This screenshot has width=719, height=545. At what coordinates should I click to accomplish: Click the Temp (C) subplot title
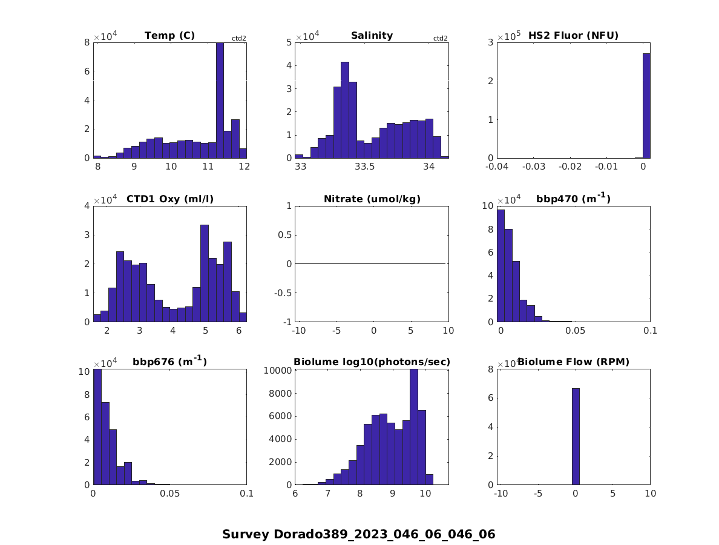pyautogui.click(x=169, y=36)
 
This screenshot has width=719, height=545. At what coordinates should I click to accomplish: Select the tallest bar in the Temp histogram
pyautogui.click(x=220, y=100)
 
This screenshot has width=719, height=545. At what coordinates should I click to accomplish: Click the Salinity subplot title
pyautogui.click(x=372, y=36)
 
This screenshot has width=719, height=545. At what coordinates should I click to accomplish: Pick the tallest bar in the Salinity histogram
pyautogui.click(x=344, y=110)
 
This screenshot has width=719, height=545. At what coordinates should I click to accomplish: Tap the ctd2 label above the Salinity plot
pyautogui.click(x=441, y=39)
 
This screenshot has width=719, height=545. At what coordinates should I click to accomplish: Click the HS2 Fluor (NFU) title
pyautogui.click(x=573, y=36)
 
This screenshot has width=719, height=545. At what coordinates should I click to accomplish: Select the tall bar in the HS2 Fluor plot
pyautogui.click(x=646, y=105)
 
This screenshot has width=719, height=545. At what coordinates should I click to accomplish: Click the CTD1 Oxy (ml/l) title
pyautogui.click(x=169, y=199)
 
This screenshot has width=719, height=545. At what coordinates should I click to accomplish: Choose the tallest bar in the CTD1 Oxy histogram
pyautogui.click(x=205, y=273)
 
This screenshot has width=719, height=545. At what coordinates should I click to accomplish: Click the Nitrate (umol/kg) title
pyautogui.click(x=372, y=199)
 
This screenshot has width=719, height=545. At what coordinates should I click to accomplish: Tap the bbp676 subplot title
pyautogui.click(x=169, y=362)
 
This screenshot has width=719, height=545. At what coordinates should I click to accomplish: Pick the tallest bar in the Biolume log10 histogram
pyautogui.click(x=414, y=427)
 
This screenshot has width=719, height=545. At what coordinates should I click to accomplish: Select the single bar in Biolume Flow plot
pyautogui.click(x=576, y=436)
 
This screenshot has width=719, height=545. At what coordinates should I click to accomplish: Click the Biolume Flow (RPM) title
pyautogui.click(x=573, y=362)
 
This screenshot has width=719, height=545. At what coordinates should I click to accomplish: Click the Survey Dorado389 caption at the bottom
pyautogui.click(x=358, y=534)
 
